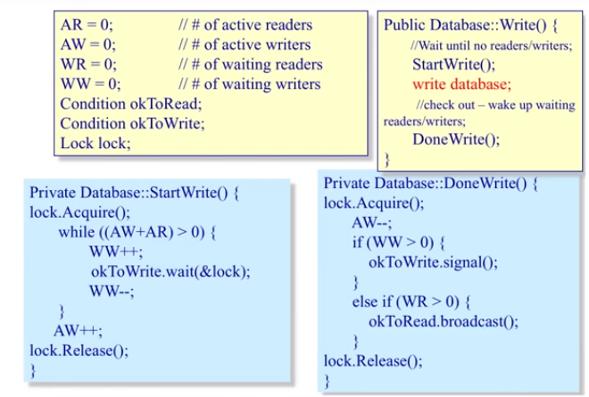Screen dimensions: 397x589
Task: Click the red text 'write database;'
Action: coord(462,85)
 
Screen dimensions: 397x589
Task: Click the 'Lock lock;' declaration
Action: coord(95,144)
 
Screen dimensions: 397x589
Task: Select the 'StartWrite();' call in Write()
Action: coord(454,65)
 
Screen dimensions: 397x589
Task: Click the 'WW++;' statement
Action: coord(112,252)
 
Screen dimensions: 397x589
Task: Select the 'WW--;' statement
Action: coord(111,292)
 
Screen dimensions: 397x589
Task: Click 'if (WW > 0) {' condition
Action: coord(399,243)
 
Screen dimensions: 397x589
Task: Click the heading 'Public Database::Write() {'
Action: coord(473,26)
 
